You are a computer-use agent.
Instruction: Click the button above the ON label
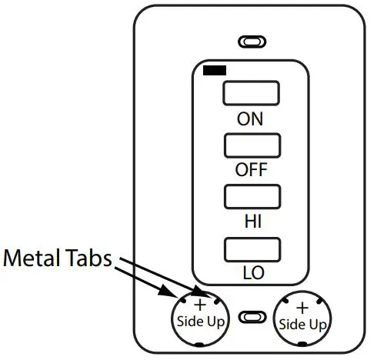click(249, 94)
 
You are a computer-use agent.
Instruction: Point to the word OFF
click(250, 170)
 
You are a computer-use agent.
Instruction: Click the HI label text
click(250, 222)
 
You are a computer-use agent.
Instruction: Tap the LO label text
click(250, 273)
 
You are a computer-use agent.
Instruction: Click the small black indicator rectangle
click(215, 71)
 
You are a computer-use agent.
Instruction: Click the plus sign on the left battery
click(201, 305)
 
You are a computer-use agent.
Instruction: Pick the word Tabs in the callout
click(90, 259)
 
